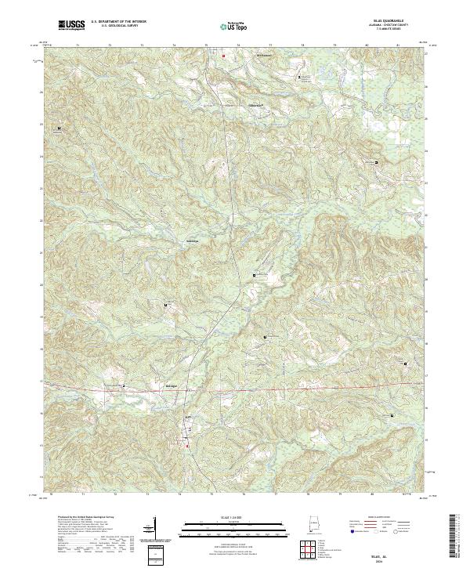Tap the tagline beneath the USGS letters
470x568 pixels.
point(71,31)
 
